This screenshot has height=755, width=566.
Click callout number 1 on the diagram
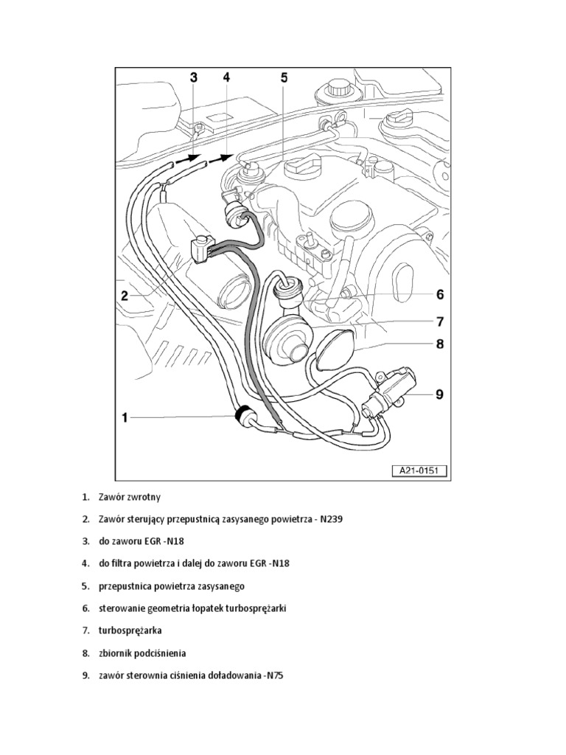pyautogui.click(x=125, y=418)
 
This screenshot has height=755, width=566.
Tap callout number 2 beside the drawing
pyautogui.click(x=125, y=296)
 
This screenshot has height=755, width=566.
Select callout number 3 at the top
pyautogui.click(x=194, y=77)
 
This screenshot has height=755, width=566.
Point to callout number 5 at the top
pyautogui.click(x=283, y=77)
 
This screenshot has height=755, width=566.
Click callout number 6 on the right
pyautogui.click(x=440, y=295)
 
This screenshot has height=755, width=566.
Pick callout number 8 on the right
pyautogui.click(x=440, y=344)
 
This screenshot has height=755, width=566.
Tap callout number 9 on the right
pyautogui.click(x=440, y=394)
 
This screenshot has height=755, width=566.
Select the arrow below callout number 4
pyautogui.click(x=221, y=156)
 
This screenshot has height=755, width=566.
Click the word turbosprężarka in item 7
pyautogui.click(x=131, y=631)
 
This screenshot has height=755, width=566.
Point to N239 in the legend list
pyautogui.click(x=331, y=519)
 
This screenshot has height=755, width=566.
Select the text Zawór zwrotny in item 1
pyautogui.click(x=129, y=496)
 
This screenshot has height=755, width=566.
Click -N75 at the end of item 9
pyautogui.click(x=274, y=675)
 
